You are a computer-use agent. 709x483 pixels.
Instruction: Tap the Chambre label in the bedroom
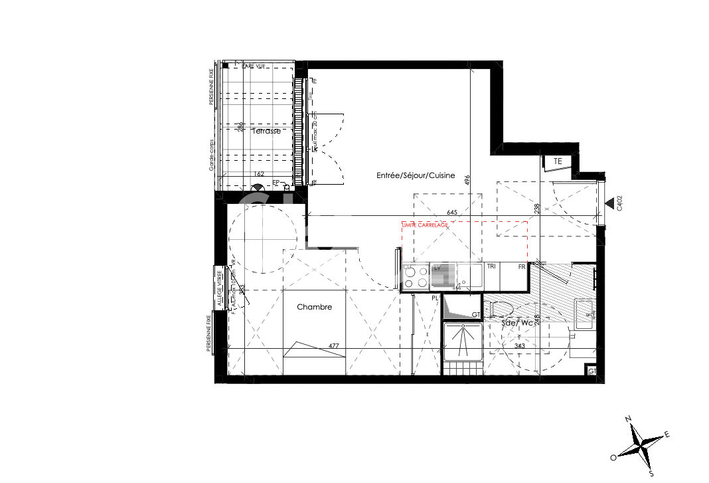click(314, 307)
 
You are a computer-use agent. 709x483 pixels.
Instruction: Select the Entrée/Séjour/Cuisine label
click(416, 175)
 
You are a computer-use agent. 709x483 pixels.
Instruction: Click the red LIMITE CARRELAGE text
click(426, 225)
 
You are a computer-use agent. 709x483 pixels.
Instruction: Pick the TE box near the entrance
click(558, 161)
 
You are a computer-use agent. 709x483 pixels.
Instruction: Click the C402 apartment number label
click(619, 203)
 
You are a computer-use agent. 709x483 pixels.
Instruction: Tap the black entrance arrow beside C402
click(609, 203)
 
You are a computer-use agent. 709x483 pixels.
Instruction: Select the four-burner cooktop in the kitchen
click(416, 276)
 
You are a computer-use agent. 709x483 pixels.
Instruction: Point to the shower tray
click(463, 342)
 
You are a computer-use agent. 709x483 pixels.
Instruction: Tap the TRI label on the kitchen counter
click(492, 266)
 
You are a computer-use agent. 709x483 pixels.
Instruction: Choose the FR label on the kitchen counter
click(522, 266)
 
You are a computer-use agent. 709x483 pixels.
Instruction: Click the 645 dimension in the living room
click(452, 213)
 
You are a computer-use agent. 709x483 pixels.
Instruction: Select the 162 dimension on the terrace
click(259, 174)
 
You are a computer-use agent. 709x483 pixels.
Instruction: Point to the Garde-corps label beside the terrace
click(212, 156)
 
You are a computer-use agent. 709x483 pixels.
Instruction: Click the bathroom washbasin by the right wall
click(584, 314)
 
